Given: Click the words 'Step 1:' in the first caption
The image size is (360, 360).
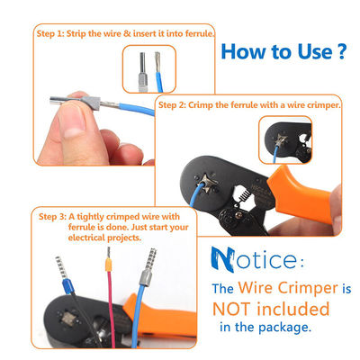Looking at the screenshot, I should tap(50, 33).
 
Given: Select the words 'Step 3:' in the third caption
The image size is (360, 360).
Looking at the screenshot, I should tap(53, 217).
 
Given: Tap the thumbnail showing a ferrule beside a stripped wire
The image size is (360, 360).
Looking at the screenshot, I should tap(149, 68).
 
